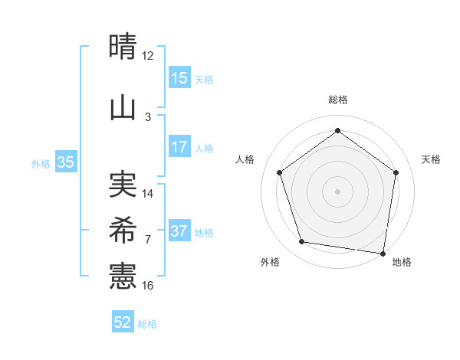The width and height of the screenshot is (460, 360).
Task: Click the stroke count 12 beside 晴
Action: click(x=148, y=56)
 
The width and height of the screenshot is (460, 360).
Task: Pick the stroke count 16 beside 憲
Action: click(x=148, y=286)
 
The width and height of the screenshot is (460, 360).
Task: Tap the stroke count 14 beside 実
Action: click(x=148, y=193)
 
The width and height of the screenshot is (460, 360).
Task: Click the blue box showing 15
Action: click(x=179, y=78)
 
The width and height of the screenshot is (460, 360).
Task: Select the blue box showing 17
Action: click(x=179, y=147)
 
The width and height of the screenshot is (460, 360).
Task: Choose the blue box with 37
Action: click(x=179, y=231)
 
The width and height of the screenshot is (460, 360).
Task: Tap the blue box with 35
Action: click(x=65, y=162)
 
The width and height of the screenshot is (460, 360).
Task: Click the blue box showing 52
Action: click(x=123, y=322)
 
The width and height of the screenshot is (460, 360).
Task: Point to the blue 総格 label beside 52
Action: click(x=147, y=324)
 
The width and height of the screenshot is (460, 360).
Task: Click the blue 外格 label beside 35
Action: click(x=41, y=163)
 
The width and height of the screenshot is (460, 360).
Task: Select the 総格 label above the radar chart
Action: click(x=337, y=100)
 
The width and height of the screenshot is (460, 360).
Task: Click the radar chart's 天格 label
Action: click(x=431, y=159)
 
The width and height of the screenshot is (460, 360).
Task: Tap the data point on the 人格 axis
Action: click(x=279, y=173)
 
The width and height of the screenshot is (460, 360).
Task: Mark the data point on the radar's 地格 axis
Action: click(x=383, y=253)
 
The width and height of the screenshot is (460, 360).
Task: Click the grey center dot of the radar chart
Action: click(x=337, y=191)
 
